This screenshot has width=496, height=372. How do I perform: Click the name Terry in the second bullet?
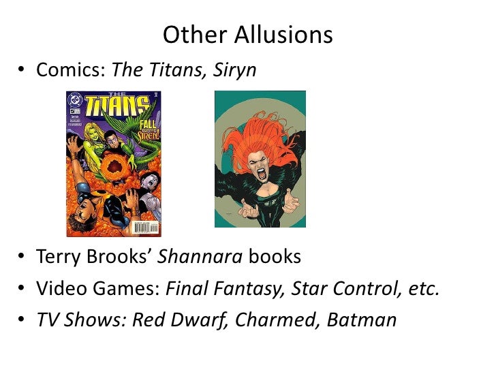57,258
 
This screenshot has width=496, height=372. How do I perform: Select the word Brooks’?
117,258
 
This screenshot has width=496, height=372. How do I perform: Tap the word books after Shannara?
274,258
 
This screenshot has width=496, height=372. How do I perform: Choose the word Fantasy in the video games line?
250,289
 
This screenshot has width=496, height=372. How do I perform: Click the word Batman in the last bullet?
362,319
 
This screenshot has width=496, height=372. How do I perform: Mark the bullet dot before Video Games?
23,290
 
